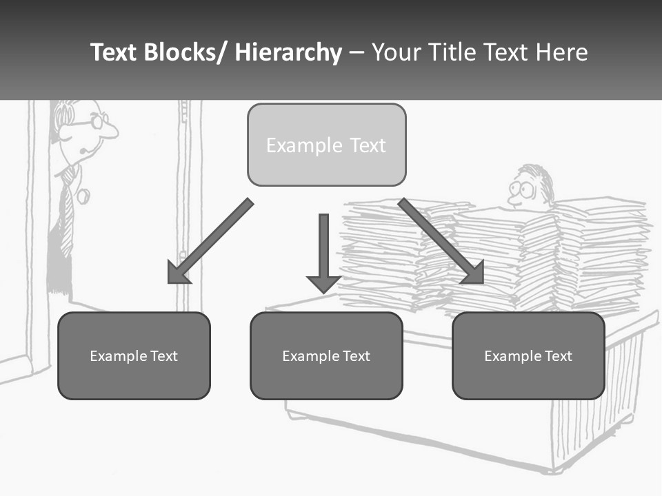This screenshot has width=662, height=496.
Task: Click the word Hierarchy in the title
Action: click(x=288, y=52)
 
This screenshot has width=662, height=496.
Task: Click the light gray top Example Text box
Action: click(x=327, y=145)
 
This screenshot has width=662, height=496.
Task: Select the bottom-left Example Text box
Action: click(x=134, y=355)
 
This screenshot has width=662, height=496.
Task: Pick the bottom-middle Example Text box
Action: click(x=326, y=355)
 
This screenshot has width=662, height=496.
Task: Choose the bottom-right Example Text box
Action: click(x=528, y=355)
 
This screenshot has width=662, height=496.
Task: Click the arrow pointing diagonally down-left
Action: click(x=210, y=242)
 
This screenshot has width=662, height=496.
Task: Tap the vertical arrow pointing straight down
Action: click(x=324, y=253)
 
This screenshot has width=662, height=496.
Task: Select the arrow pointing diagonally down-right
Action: click(x=441, y=241)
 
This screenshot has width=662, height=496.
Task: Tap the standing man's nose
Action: click(x=109, y=130)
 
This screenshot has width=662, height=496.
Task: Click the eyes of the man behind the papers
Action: click(x=522, y=189)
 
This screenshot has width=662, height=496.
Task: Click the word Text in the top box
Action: click(x=368, y=145)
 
